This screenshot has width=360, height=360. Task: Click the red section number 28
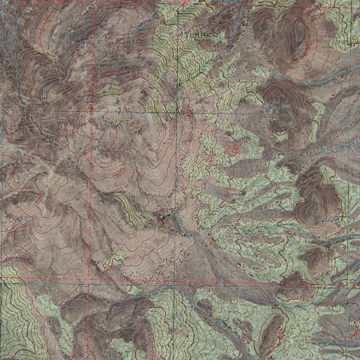point(232,149)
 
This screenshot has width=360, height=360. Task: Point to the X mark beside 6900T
point(54,41)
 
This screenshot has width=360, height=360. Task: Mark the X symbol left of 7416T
point(90,121)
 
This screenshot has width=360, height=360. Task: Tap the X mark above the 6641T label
point(275,94)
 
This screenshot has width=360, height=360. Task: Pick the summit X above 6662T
point(317,210)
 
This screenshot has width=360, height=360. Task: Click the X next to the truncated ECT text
point(21,37)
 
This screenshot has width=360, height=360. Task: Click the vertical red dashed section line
point(93,176)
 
